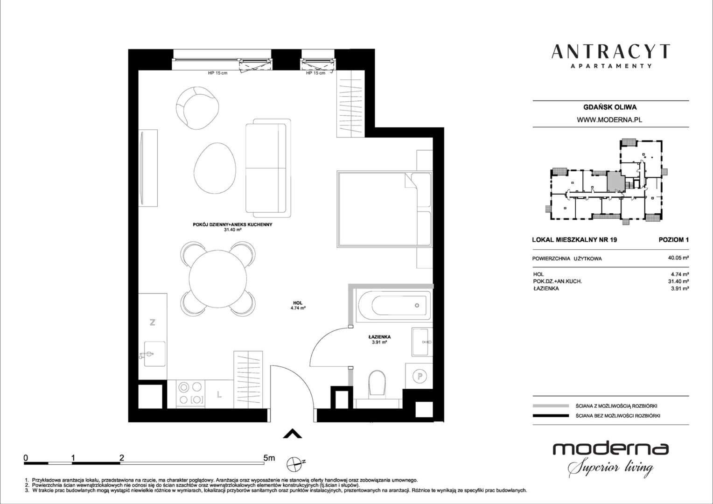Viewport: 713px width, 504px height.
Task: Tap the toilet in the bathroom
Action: click(377, 384)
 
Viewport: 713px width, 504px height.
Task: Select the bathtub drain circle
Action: click(417, 306)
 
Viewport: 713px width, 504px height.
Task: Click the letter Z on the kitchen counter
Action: click(153, 322)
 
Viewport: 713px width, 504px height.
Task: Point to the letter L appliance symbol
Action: click(219, 394)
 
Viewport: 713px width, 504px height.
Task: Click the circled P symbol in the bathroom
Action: click(419, 376)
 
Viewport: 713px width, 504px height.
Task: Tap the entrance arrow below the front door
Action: click(292, 434)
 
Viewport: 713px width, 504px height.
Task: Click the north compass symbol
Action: click(295, 463)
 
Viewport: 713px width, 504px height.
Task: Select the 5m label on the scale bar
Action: click(269, 458)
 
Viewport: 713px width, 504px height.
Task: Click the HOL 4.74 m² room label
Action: click(298, 306)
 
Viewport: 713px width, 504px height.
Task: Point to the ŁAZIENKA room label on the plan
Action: click(379, 337)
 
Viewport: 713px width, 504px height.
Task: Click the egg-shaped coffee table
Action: click(215, 168)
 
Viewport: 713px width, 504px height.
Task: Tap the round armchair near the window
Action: click(197, 108)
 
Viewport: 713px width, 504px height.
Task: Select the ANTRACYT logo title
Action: click(610, 52)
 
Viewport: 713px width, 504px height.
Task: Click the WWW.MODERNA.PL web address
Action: click(609, 120)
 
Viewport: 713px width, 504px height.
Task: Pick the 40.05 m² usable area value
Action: click(678, 258)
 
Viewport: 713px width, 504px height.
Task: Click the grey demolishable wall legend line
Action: click(551, 406)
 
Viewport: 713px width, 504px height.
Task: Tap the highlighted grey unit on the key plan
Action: click(616, 181)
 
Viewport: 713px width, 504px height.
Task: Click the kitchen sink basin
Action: click(155, 354)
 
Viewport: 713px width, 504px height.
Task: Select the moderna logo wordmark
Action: click(610, 448)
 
